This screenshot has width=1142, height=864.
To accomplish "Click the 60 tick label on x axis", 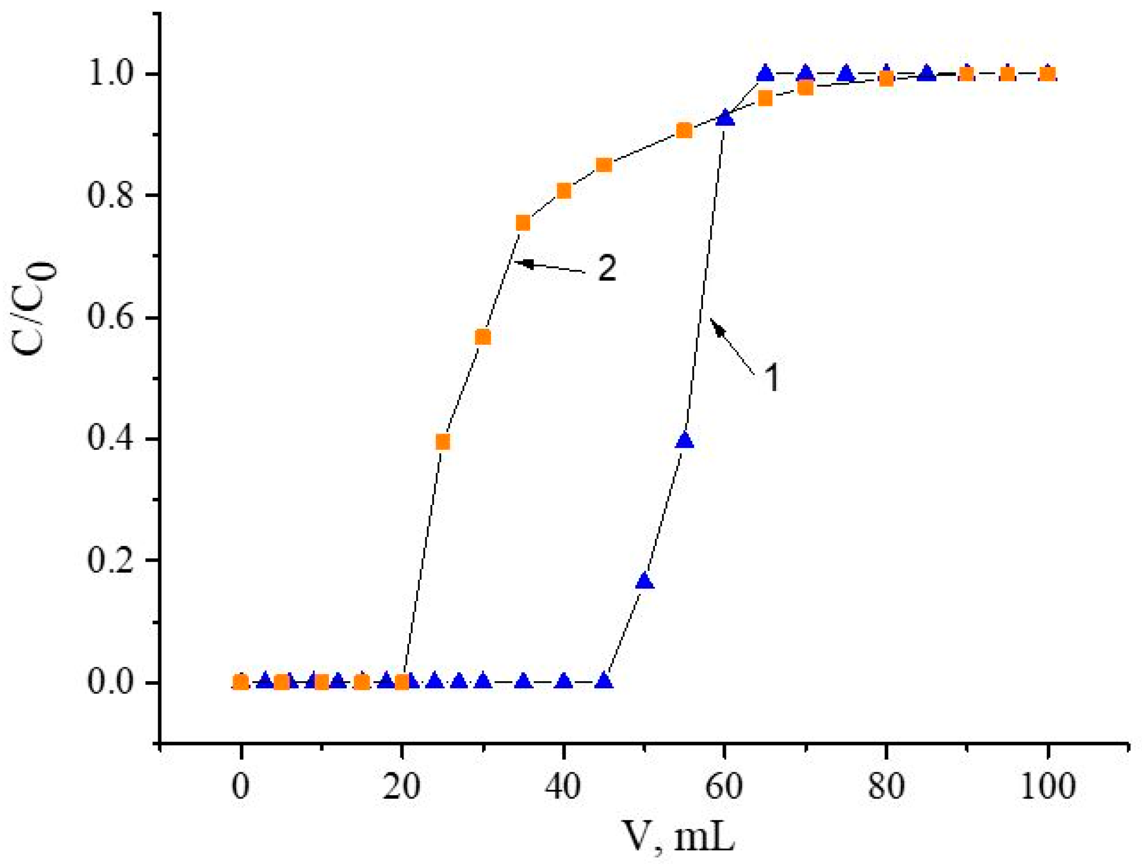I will (x=724, y=787).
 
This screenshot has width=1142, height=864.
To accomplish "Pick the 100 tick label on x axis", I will (x=1047, y=787).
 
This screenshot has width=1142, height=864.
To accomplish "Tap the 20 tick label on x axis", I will (x=401, y=787).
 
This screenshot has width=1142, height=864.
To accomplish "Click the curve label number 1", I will (x=771, y=377).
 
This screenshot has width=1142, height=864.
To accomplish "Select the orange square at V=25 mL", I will (x=443, y=442).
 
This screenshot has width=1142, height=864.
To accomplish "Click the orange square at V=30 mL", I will (x=483, y=337).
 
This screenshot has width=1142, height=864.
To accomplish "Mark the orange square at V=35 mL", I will (x=523, y=223).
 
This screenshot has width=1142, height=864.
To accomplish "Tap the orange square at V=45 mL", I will (x=604, y=165).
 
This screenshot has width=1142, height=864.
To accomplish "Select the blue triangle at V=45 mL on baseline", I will (x=604, y=681).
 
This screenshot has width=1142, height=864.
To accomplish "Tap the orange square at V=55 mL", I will (x=684, y=131).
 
